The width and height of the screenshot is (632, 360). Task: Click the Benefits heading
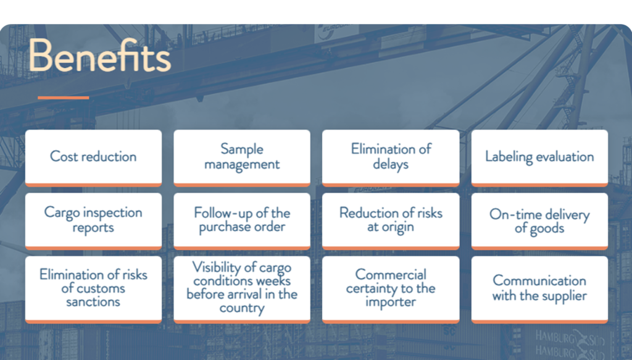point(100,56)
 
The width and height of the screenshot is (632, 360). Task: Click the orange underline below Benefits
point(64,98)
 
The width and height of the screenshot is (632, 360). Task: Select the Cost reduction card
point(94,158)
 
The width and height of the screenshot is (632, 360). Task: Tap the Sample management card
point(242,158)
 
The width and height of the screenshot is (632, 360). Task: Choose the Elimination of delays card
point(391,158)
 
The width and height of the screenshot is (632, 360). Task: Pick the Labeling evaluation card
point(539,158)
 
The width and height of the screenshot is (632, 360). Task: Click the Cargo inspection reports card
point(94,221)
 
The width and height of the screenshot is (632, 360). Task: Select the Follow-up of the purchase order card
point(242,221)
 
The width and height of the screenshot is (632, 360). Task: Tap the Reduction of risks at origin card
point(391,221)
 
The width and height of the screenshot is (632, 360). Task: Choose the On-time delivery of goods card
point(539,221)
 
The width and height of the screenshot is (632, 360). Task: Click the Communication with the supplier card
point(539,290)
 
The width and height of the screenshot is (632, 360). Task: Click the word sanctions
point(93,302)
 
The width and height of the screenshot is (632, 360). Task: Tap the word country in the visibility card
point(242,308)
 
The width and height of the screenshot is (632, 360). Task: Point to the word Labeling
point(509,157)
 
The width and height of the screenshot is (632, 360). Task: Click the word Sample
point(242,149)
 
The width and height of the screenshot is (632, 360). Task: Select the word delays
point(391,164)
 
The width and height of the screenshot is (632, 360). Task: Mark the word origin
point(397,227)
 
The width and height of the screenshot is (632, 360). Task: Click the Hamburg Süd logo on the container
point(570,344)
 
